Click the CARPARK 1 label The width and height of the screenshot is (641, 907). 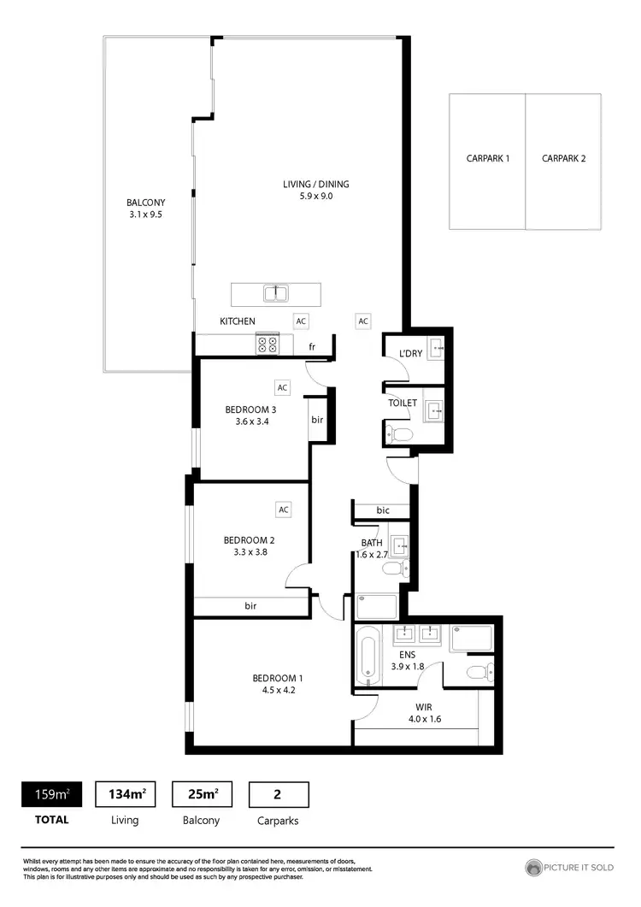tap(488, 158)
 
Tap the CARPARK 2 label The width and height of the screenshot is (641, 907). tap(563, 158)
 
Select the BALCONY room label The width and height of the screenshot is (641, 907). tap(144, 203)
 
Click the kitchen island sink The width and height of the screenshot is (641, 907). tap(275, 294)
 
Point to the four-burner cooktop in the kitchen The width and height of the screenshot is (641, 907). tap(268, 344)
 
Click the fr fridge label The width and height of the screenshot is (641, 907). tap(313, 346)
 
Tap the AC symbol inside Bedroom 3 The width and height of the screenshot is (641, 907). tap(283, 387)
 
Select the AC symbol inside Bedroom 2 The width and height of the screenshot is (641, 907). tap(283, 509)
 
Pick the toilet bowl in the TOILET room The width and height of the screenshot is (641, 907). tap(400, 434)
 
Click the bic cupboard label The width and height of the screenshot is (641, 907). tap(383, 510)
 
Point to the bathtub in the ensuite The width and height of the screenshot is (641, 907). tap(367, 657)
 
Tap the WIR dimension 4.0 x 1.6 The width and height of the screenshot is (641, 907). tap(425, 718)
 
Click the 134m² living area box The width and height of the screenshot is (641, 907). tap(126, 795)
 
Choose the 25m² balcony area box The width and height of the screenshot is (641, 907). tap(202, 795)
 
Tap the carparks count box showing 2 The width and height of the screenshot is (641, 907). tap(278, 795)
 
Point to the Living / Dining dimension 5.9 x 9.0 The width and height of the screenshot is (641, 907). tap(316, 196)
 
